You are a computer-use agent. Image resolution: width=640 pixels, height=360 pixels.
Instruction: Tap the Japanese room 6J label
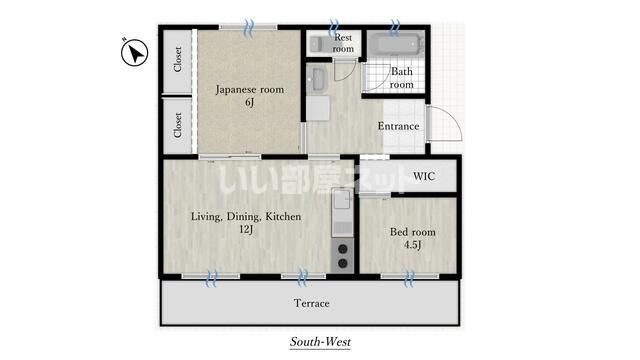click(250, 95)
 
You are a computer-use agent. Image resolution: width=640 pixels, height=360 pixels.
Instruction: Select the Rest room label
click(343, 42)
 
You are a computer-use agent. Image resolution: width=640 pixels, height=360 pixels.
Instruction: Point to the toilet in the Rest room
click(319, 42)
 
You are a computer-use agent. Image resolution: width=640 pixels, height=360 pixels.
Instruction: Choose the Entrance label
click(398, 126)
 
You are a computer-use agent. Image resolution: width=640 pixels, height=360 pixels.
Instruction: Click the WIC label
click(424, 176)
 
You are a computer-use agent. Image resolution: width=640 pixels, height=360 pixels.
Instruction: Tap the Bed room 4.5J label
click(412, 238)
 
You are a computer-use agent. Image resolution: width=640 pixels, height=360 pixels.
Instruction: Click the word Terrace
click(311, 303)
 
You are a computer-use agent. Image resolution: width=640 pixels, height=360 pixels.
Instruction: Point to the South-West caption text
click(321, 342)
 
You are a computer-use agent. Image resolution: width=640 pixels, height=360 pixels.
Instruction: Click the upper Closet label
click(178, 60)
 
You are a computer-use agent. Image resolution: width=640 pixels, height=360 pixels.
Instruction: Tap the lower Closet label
click(178, 127)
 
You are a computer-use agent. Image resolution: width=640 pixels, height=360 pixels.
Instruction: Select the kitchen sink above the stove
click(339, 212)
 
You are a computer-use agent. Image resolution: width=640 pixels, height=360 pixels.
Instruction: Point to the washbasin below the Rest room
click(319, 77)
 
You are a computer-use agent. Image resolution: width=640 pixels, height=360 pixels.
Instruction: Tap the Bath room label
click(401, 78)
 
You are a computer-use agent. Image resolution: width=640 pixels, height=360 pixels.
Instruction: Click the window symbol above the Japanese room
click(250, 24)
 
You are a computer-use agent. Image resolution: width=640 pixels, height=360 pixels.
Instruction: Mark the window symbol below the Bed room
click(409, 277)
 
